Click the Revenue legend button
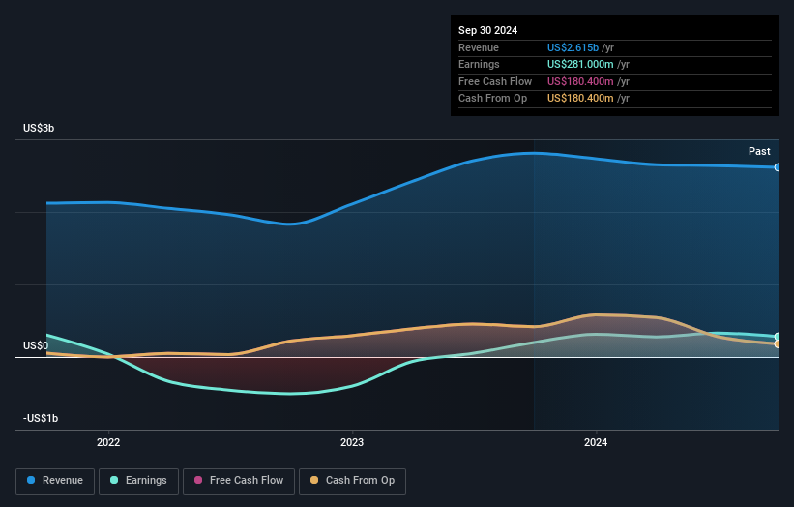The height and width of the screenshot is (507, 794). tap(55, 481)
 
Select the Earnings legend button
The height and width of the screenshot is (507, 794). tap(138, 481)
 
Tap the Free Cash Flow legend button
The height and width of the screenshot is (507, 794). tap(237, 481)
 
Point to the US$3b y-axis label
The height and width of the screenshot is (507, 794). tap(40, 128)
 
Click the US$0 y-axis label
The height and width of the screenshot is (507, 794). tap(36, 345)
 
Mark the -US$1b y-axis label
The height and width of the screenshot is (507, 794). tap(40, 418)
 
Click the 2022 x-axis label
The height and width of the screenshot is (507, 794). tap(108, 442)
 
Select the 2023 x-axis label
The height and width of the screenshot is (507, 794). tap(352, 442)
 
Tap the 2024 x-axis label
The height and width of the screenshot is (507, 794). tap(596, 442)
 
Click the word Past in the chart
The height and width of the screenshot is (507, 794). tap(759, 151)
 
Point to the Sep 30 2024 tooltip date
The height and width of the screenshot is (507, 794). tap(487, 30)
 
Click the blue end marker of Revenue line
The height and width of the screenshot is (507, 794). tap(778, 167)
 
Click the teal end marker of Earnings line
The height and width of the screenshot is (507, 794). tap(778, 337)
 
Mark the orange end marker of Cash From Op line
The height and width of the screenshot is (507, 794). tap(778, 343)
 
